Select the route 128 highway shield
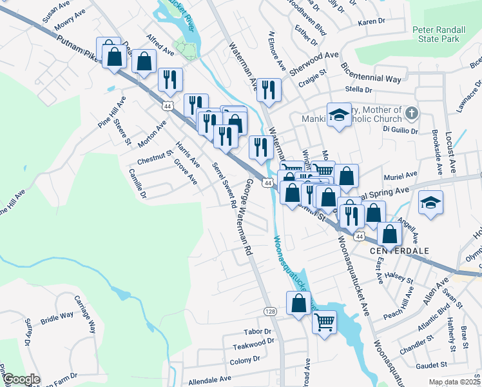[270, 312]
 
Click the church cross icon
[412, 114]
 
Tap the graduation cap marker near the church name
[338, 115]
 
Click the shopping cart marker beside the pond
[325, 320]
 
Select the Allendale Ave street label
[209, 381]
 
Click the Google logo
[21, 379]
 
